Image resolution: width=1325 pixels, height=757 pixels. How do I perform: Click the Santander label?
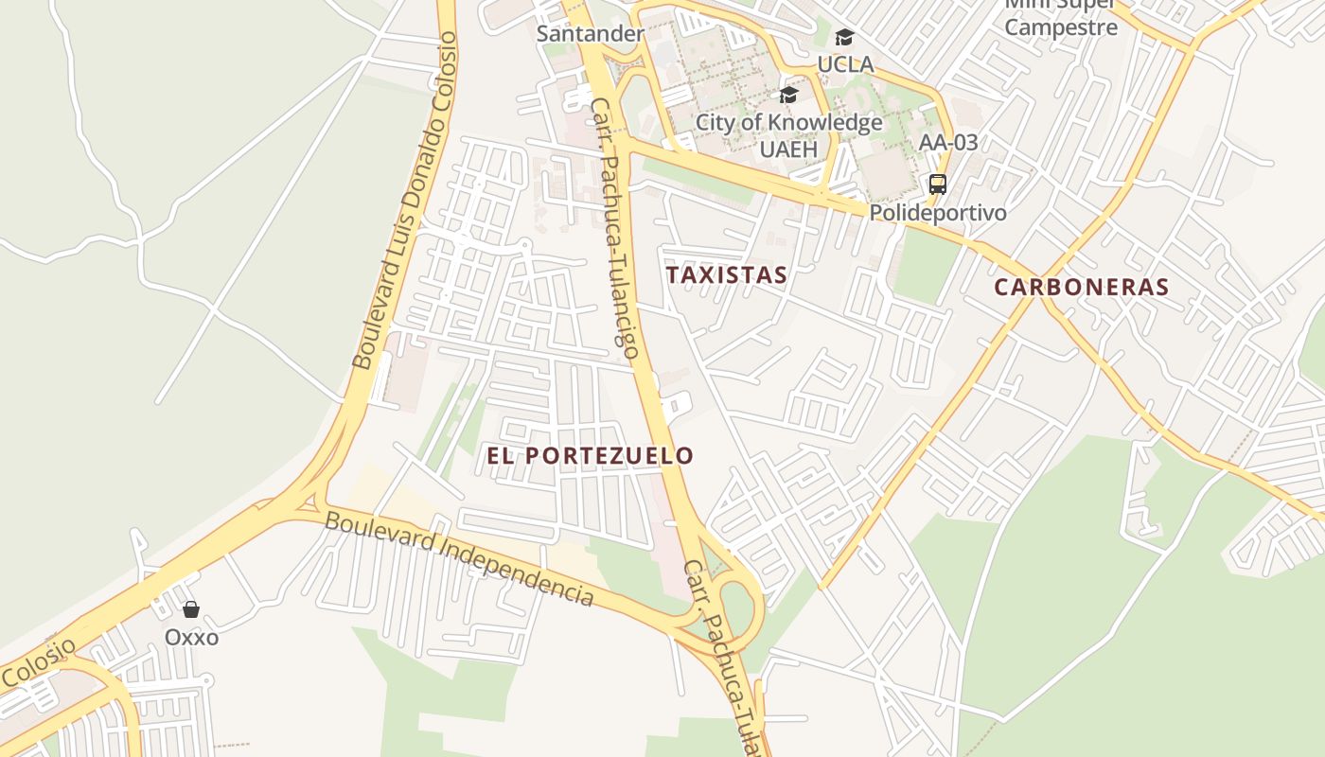(x=590, y=34)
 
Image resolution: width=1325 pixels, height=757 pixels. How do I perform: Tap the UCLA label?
(x=845, y=64)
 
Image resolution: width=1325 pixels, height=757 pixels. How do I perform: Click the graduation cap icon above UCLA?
(x=844, y=38)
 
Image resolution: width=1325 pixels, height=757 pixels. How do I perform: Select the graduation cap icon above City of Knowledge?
(x=788, y=95)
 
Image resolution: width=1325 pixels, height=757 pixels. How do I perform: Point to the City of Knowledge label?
(x=788, y=122)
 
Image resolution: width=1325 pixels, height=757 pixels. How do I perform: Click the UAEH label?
(x=788, y=149)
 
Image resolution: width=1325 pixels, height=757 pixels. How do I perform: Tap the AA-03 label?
(x=948, y=143)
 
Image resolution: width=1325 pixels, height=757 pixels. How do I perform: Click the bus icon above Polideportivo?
(x=938, y=185)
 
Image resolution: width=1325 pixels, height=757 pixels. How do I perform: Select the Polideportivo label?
(x=938, y=213)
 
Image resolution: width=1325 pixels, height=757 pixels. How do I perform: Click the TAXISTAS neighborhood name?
(x=726, y=275)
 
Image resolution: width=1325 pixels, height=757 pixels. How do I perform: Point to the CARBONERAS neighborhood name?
(x=1082, y=287)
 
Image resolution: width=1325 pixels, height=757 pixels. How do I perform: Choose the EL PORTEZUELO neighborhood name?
(x=590, y=455)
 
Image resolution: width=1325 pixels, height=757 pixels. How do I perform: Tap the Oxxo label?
(x=191, y=637)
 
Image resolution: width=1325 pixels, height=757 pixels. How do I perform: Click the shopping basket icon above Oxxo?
(x=191, y=609)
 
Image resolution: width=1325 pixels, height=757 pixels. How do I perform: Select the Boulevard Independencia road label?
(x=459, y=558)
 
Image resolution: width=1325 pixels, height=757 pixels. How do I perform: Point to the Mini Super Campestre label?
(x=1061, y=19)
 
